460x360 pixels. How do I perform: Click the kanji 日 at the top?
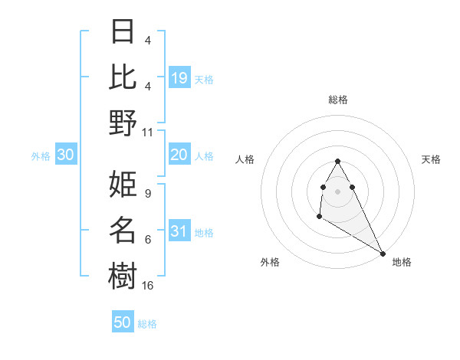point(123,31)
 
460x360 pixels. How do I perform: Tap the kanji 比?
point(123,77)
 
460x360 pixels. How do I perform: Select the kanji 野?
point(123,122)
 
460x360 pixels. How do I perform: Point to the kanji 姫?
point(123,184)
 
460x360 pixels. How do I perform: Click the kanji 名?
point(123,229)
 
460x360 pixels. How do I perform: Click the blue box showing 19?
point(179,77)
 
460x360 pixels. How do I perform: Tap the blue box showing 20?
point(179,155)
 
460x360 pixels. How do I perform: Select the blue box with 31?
point(179,231)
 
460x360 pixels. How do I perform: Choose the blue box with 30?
point(65,155)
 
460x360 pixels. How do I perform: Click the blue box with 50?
point(123,322)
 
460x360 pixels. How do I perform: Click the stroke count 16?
point(148,285)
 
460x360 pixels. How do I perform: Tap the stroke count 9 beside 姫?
point(147,194)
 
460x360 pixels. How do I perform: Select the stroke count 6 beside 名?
point(147,240)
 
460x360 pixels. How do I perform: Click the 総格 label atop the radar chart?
point(338,100)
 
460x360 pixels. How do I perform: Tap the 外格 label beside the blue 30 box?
point(41,155)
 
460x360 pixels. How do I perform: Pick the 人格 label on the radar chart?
point(245,159)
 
